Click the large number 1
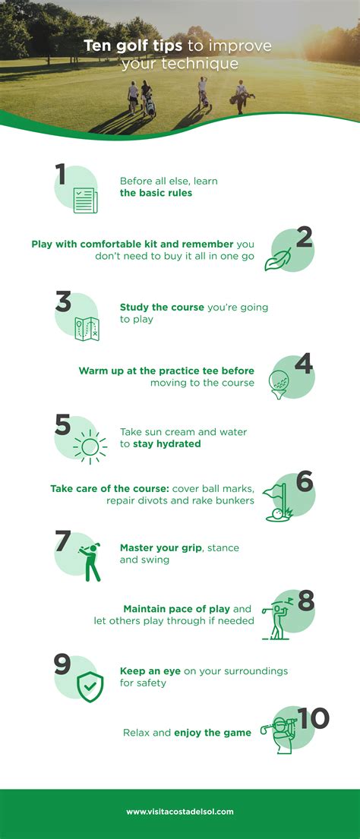point(61,175)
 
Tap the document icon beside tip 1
point(85,200)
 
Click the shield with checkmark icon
point(90,686)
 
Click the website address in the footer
point(180,812)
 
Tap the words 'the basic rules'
point(156,193)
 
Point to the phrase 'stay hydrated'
point(167,443)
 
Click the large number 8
point(306,602)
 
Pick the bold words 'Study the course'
point(162,308)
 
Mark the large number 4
point(304,364)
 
